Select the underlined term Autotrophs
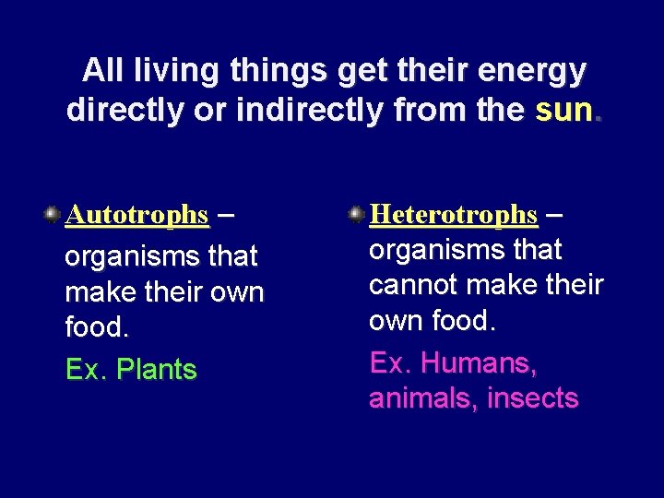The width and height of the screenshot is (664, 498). point(136,215)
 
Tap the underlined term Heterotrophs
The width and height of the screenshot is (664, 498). point(453,215)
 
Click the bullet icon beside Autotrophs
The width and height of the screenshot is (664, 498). point(53,215)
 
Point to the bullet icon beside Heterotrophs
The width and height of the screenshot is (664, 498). point(356,215)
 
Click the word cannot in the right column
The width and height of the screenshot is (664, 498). point(411,285)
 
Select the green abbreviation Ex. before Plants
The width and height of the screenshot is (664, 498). point(80,370)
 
